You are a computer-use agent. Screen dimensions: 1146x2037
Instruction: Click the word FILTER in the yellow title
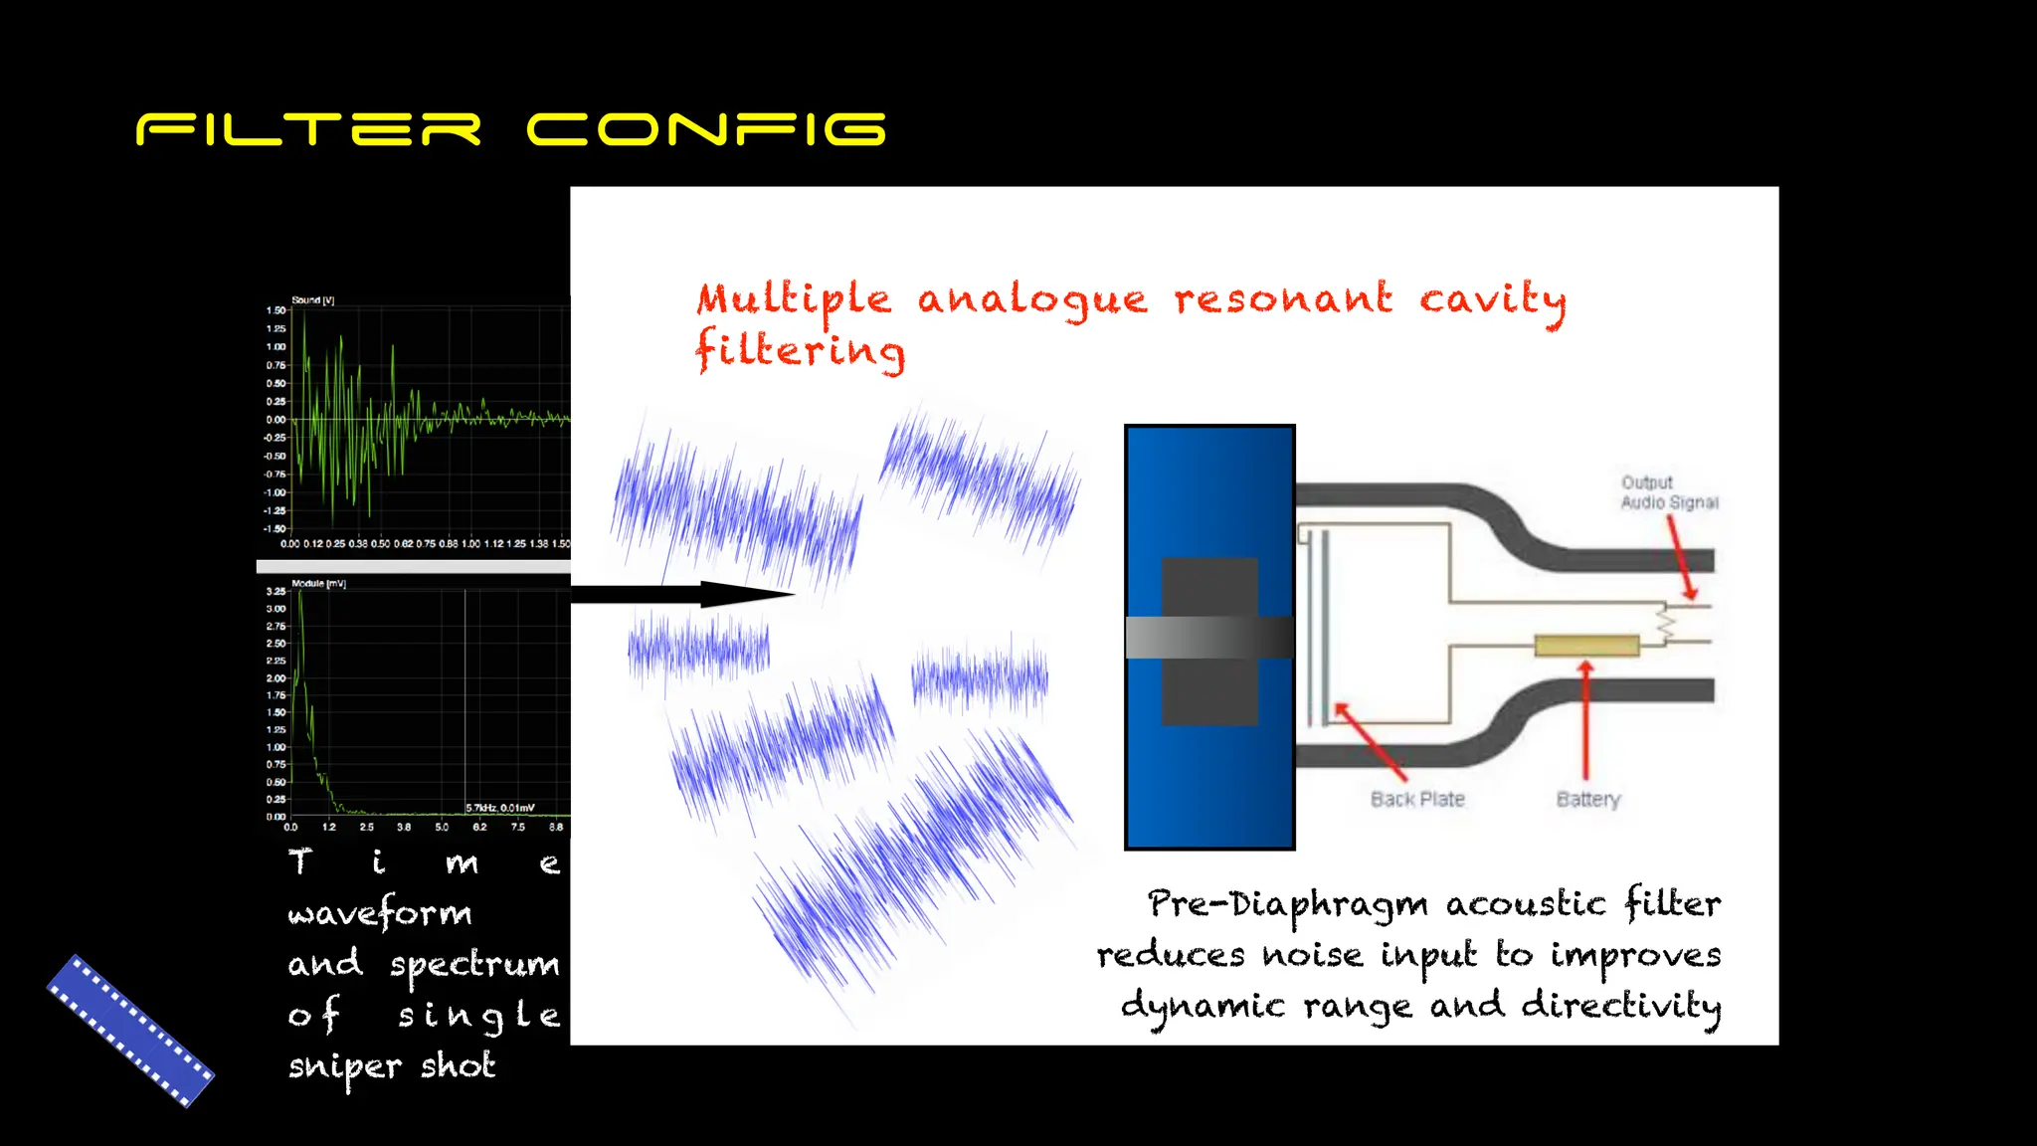coord(308,130)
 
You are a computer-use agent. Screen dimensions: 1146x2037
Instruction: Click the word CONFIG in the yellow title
coord(706,130)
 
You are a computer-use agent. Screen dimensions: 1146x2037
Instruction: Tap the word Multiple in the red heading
coord(794,299)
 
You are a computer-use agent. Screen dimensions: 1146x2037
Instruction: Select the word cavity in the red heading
coord(1492,299)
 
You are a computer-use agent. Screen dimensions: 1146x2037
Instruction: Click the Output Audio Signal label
coord(1668,492)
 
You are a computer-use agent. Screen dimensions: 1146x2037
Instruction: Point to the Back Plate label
coord(1417,800)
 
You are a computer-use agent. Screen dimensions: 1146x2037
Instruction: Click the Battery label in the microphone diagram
coord(1587,800)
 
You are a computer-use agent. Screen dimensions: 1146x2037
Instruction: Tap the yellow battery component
coord(1586,646)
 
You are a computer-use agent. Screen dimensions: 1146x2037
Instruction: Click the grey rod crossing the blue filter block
coord(1208,638)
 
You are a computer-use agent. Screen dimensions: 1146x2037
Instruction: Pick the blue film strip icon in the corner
coord(130,1031)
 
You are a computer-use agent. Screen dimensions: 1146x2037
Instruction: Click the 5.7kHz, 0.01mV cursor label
coord(500,808)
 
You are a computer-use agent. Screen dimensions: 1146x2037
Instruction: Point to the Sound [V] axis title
coord(312,299)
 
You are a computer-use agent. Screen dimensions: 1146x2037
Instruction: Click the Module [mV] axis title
coord(318,584)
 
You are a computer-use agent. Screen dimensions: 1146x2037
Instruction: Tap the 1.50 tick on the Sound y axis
coord(276,310)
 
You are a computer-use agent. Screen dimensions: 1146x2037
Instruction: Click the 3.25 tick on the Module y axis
coord(276,592)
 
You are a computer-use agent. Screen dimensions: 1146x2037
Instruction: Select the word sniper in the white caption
coord(344,1067)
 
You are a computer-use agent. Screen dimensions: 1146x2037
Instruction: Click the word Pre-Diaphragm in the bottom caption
coord(1287,904)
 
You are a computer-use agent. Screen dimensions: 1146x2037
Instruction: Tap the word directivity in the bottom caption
coord(1620,1006)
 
